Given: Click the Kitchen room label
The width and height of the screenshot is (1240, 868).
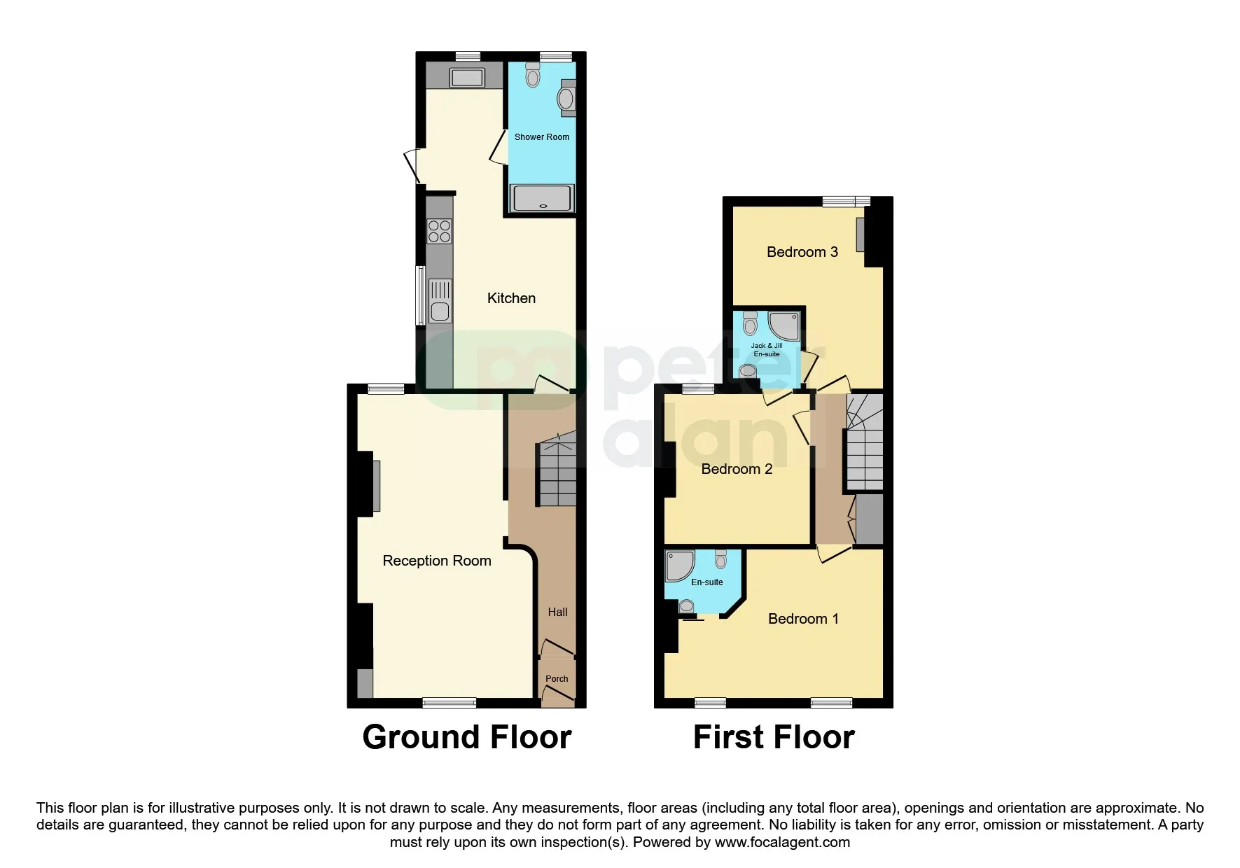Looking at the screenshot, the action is pos(511,298).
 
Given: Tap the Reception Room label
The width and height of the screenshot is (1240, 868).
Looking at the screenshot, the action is pos(437,561).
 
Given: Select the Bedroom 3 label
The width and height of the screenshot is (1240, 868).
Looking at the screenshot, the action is pos(802,252).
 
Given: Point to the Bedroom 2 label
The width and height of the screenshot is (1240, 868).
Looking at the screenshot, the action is pos(737,469).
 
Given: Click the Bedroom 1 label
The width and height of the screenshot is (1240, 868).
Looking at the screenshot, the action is pos(803,619).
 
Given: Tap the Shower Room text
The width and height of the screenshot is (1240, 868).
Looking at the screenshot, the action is pos(542,137).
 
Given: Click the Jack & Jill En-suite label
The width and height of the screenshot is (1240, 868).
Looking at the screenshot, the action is pos(767,350).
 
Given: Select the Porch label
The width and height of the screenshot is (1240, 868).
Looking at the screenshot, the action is pos(557,679).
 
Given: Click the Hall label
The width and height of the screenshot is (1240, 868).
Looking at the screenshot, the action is pos(557,612).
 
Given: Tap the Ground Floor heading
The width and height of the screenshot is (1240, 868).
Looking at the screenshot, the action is pos(467,737).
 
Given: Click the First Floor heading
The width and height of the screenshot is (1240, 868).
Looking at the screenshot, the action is pos(774,737).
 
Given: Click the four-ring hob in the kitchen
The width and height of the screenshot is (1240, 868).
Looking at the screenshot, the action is pos(440,231).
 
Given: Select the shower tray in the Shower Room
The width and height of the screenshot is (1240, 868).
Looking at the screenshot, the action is pos(543,198).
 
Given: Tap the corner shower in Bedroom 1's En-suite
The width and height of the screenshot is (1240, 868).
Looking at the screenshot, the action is pos(679,566).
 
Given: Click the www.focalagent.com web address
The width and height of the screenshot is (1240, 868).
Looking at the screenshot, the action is pos(782,842).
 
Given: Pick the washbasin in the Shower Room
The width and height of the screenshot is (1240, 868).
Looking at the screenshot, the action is pos(566,99).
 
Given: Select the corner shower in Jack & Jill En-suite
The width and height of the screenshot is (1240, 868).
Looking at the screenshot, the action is pos(784,326).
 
